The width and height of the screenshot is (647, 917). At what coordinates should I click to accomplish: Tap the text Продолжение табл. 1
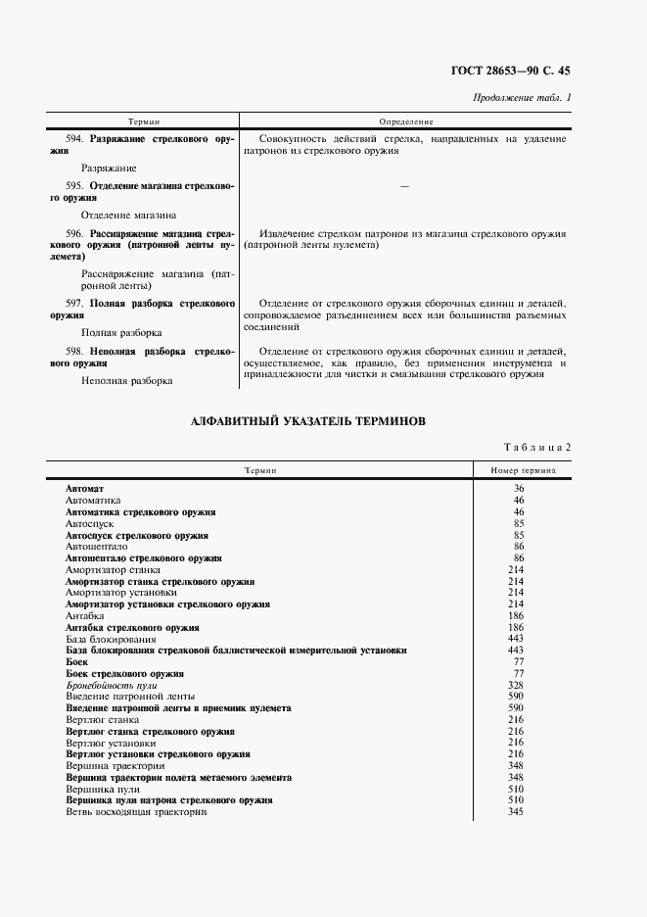(522, 97)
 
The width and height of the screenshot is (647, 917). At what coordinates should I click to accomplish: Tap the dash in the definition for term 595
(405, 185)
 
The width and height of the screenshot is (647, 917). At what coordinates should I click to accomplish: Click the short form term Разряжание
(109, 168)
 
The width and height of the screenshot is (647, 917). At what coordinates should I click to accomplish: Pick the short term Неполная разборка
(126, 380)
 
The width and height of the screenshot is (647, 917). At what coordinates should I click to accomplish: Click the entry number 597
(73, 303)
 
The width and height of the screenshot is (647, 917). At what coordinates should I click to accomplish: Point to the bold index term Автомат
(84, 488)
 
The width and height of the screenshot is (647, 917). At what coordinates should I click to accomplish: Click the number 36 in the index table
(519, 488)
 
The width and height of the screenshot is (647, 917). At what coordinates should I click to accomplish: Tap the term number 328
(519, 686)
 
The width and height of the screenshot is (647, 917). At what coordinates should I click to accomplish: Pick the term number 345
(519, 812)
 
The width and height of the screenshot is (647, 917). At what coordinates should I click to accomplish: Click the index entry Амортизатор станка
(113, 569)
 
